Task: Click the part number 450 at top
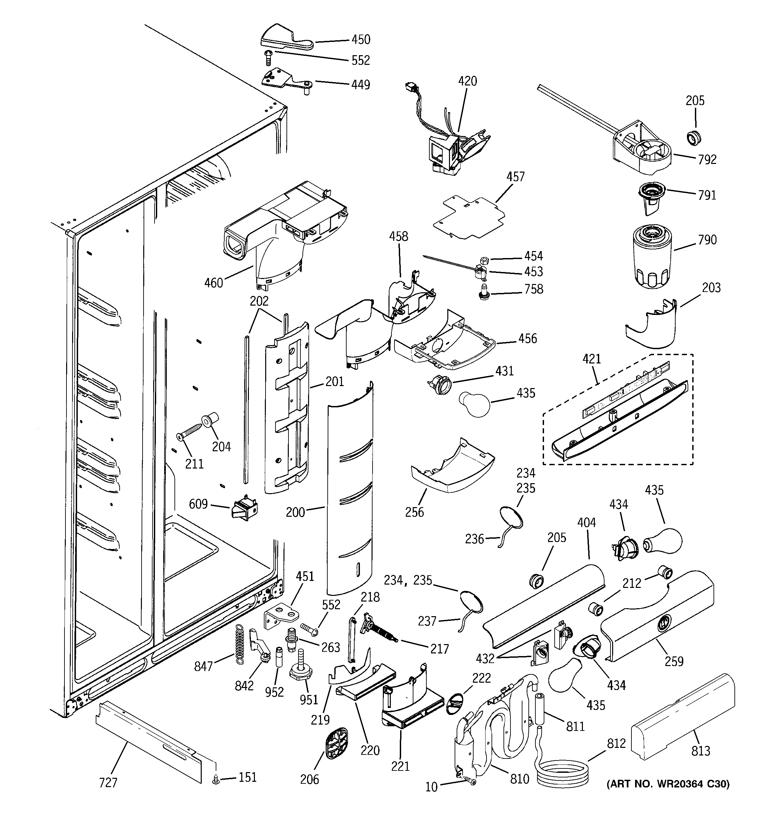click(361, 40)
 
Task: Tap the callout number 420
click(467, 81)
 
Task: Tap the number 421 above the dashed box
click(592, 359)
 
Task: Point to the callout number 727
click(108, 782)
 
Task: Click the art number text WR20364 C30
click(668, 784)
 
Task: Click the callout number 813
click(700, 751)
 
